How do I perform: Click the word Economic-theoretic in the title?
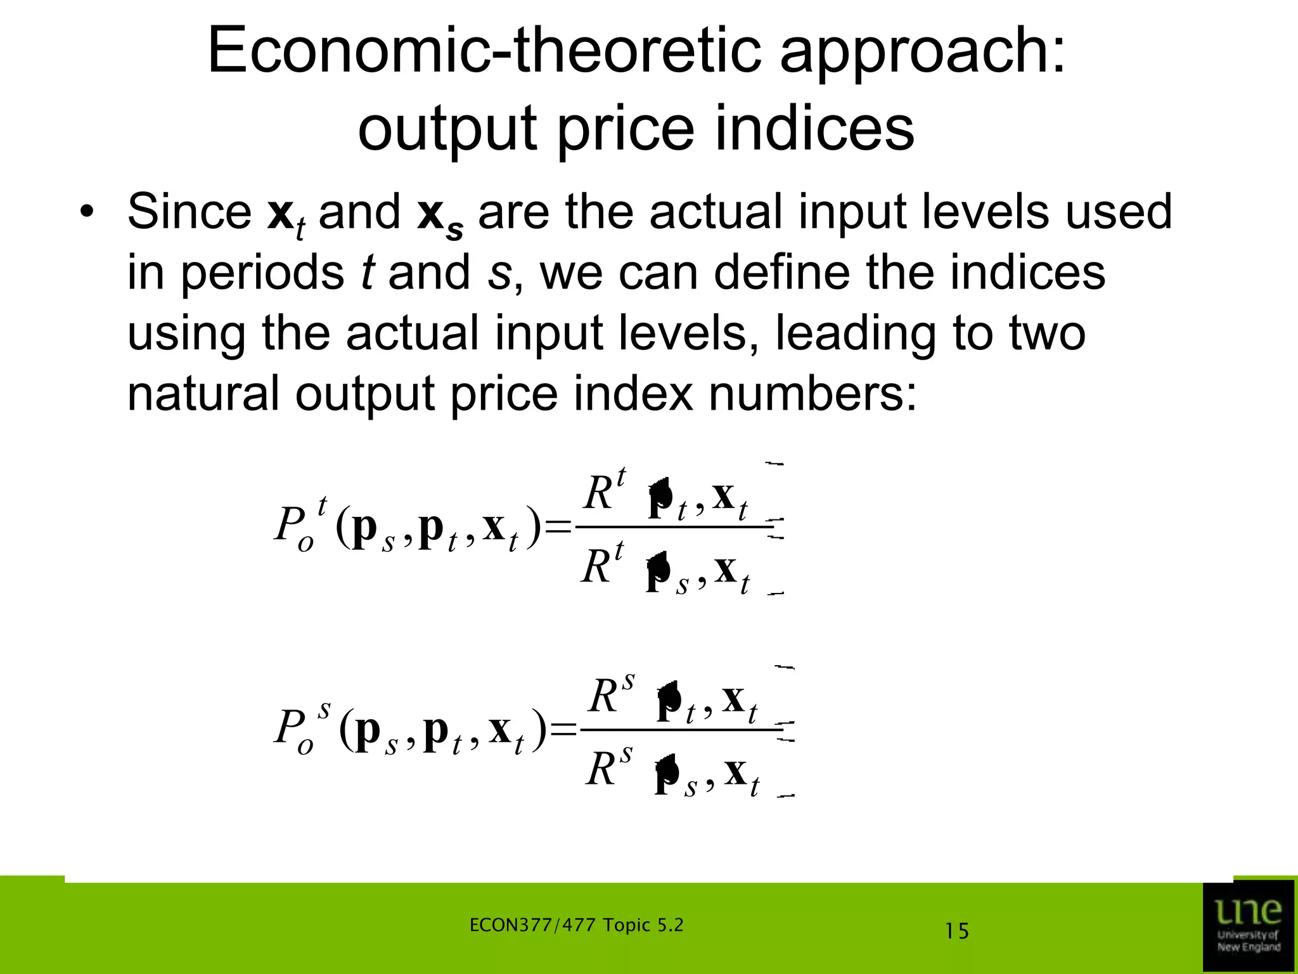(x=484, y=52)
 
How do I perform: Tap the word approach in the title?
(x=922, y=52)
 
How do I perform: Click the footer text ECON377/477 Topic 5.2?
(x=576, y=926)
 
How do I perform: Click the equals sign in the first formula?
(x=558, y=526)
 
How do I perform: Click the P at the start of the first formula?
(x=288, y=526)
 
